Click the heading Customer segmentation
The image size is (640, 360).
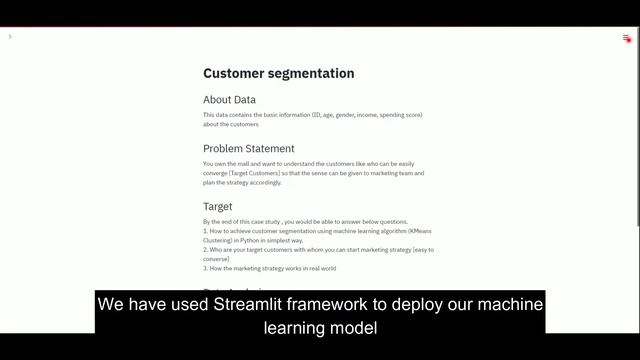278,73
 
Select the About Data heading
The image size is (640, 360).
229,100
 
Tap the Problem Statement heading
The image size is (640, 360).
248,149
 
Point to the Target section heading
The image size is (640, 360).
217,207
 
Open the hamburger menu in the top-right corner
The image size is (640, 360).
627,38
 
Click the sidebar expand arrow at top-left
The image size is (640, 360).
10,37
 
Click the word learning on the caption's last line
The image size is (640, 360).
296,327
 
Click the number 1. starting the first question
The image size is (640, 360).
205,231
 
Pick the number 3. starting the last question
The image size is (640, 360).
205,268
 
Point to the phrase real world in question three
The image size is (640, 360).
321,268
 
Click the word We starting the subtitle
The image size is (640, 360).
110,304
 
